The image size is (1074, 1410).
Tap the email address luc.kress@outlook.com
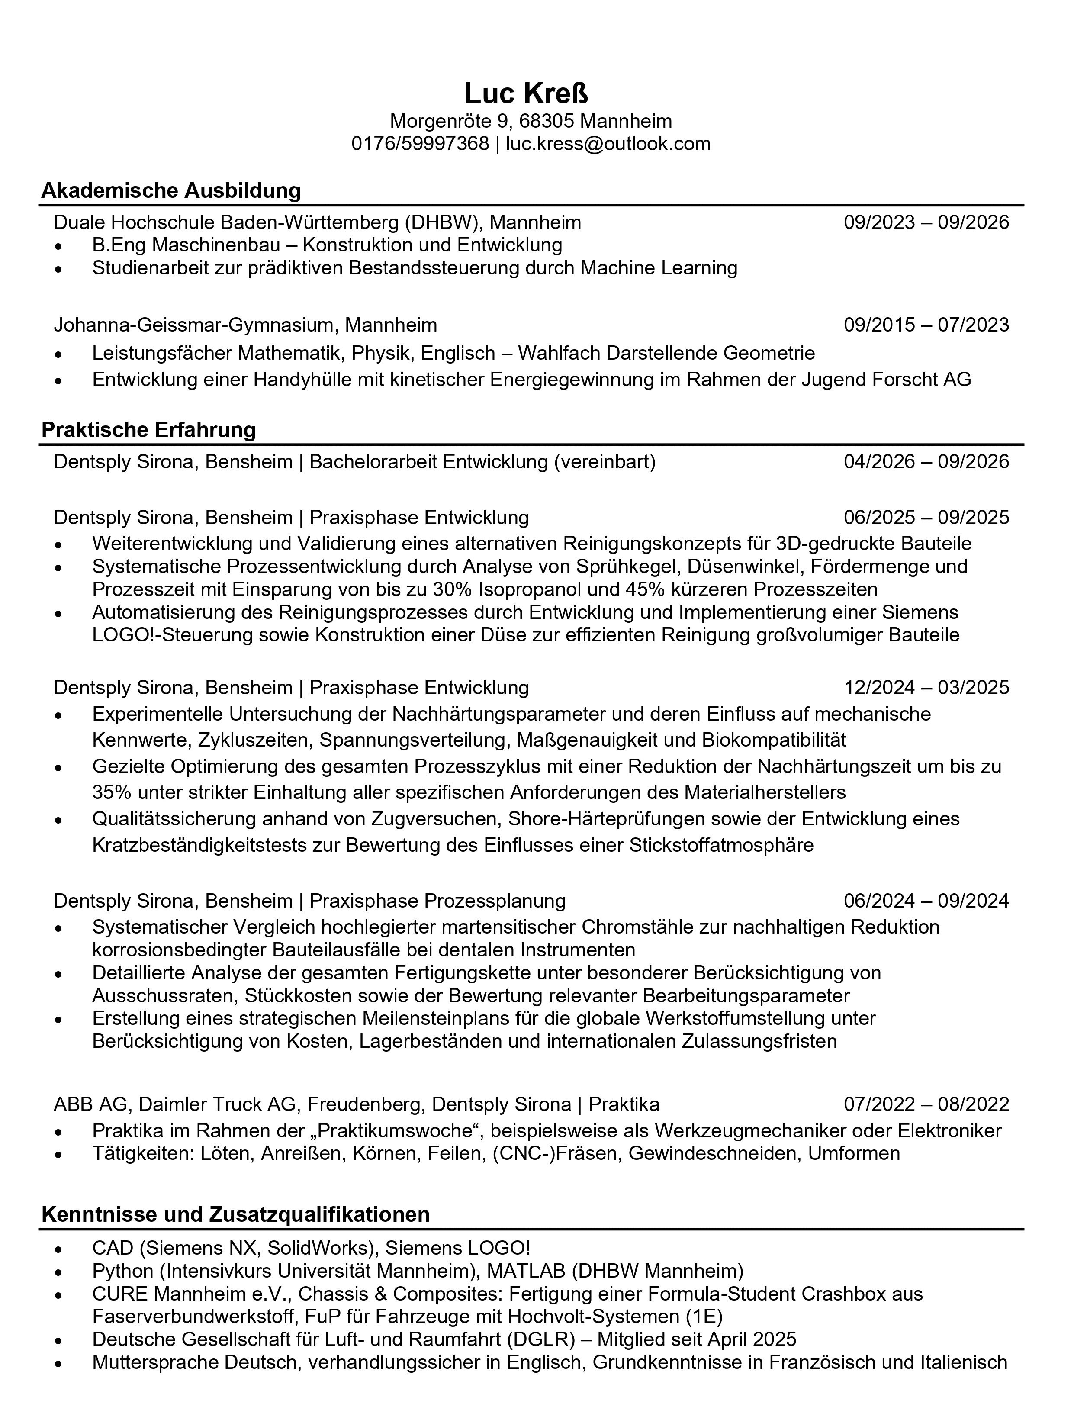pos(608,143)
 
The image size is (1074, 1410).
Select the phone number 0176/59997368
pos(420,143)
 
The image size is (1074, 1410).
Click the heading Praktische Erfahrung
pos(148,430)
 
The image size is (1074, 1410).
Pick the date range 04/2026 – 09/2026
pos(926,462)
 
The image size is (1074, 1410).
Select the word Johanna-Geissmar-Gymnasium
pos(194,325)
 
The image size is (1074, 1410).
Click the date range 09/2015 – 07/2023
pos(926,325)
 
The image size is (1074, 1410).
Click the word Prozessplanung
pos(495,901)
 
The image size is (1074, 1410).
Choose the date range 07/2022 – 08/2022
pos(926,1104)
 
